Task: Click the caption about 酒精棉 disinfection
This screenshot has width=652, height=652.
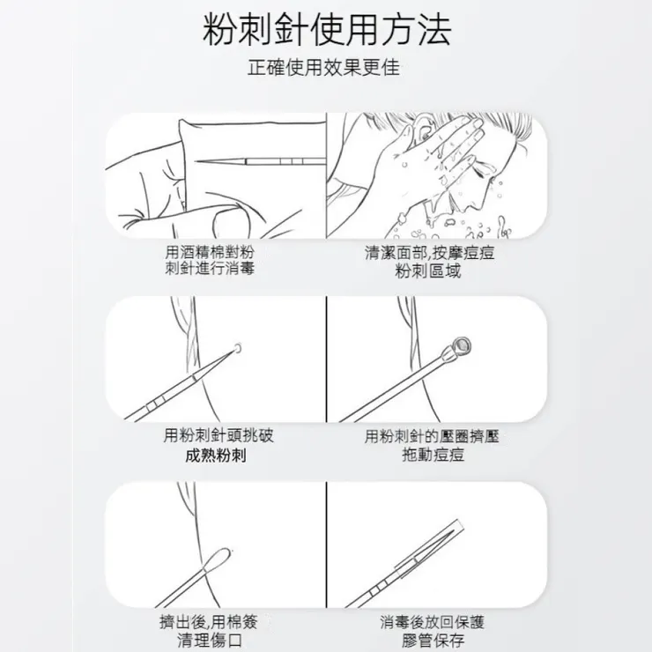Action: (211, 260)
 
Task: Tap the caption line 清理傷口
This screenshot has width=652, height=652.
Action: (211, 640)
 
